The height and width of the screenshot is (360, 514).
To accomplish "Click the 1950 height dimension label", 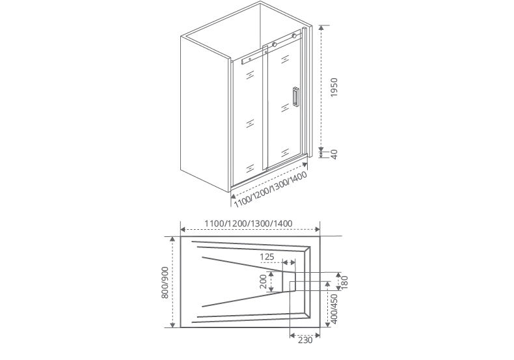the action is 334,87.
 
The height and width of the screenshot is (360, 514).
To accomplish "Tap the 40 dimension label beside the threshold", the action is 334,154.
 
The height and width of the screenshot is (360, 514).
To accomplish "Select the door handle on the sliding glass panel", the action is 295,97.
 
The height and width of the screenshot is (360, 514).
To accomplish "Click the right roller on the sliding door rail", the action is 294,35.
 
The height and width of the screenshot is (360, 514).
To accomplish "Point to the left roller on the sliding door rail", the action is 275,44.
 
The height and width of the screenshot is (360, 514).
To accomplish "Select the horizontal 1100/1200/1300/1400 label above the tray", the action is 248,223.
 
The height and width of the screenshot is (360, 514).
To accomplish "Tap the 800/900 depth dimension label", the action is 165,283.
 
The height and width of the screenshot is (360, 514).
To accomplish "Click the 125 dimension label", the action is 267,256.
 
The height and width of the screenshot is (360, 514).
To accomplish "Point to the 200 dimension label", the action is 264,282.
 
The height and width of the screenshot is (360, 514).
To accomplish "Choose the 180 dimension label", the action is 344,283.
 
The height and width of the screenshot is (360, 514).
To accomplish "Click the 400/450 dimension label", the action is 334,309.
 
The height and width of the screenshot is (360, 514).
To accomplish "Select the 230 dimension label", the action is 305,340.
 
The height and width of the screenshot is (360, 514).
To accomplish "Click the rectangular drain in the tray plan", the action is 289,281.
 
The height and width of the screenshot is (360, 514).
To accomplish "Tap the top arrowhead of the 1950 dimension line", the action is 321,27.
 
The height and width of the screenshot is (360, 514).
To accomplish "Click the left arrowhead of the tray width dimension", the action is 183,230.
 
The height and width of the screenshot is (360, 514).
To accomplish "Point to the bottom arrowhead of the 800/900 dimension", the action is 173,325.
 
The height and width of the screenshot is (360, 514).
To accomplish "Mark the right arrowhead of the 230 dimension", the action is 317,335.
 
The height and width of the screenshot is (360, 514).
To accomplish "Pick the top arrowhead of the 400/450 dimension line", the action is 327,284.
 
